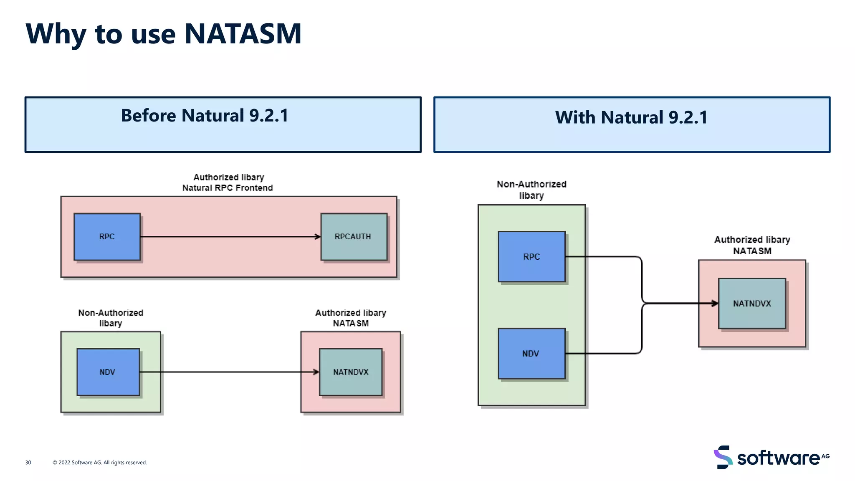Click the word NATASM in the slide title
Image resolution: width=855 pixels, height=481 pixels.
point(243,33)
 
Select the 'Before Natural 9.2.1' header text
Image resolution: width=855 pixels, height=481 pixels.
point(205,116)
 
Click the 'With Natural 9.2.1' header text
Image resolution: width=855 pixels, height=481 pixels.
point(631,117)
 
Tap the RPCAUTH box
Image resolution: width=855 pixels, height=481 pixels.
point(354,237)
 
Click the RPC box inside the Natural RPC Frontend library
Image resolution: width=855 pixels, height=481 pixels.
point(107,237)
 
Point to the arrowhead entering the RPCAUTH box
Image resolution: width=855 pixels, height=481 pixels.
point(318,237)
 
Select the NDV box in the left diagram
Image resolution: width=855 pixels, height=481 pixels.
point(108,372)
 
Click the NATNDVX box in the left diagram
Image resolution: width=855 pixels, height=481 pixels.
point(351,372)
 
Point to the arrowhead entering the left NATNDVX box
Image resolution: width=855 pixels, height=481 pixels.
point(316,372)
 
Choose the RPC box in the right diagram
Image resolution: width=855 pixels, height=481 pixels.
point(531,257)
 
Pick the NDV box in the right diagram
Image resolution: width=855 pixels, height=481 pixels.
point(531,354)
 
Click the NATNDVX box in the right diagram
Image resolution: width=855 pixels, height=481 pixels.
point(752,304)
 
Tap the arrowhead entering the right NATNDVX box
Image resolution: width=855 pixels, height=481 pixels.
point(716,304)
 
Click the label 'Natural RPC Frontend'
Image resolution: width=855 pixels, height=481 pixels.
point(228,188)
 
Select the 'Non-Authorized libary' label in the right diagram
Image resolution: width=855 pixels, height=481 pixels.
point(531,190)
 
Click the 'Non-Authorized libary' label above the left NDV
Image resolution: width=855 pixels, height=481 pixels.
point(111,318)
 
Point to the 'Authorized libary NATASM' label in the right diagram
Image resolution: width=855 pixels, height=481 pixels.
point(752,245)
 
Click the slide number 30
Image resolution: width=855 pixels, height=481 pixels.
point(28,463)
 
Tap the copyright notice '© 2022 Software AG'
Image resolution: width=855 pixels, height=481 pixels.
point(100,463)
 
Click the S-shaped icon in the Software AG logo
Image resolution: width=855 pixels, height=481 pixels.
point(723,457)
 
